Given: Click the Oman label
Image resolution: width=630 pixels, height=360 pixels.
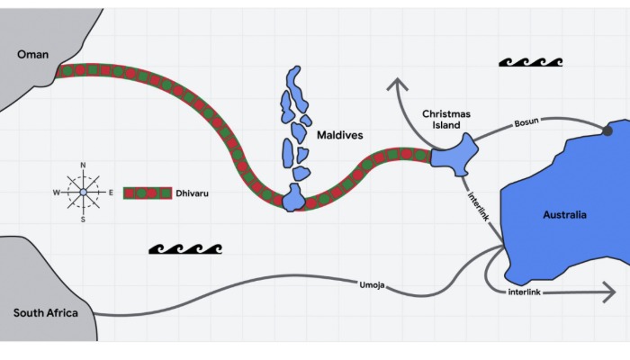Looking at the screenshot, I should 33,55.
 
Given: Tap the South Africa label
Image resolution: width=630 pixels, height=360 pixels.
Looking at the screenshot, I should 46,313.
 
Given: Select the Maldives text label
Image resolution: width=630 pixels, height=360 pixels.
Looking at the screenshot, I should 339,135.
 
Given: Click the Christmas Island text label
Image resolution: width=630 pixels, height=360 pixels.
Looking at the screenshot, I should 446,121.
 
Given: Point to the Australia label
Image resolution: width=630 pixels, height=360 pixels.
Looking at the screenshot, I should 564,215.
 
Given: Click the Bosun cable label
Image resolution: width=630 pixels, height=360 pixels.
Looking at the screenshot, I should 526,122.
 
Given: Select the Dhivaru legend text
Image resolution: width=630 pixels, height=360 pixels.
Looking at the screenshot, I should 197,193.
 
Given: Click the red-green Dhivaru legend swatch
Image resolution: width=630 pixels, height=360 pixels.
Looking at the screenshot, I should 147,193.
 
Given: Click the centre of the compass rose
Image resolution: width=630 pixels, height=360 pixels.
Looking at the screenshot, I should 83,192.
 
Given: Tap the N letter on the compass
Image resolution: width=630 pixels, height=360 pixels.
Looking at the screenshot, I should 83,166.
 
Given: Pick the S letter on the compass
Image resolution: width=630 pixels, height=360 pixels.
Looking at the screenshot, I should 83,219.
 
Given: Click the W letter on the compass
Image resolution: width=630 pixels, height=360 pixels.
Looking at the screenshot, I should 56,193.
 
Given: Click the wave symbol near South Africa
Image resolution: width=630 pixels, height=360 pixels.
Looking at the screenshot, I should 184,248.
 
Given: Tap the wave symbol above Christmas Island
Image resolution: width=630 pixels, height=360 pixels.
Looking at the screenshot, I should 530,62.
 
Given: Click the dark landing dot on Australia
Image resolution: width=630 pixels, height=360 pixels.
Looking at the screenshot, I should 607,131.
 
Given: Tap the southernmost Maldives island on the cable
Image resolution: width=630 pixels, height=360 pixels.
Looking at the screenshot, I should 293,198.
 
